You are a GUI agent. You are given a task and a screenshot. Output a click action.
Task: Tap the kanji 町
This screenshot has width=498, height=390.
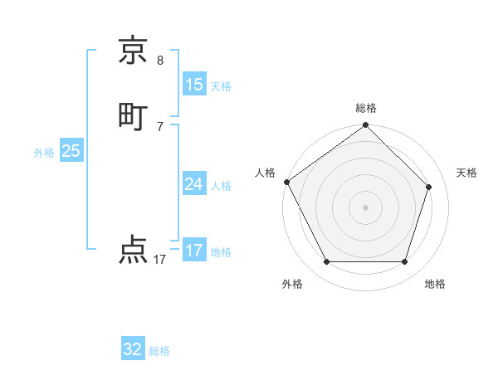[x=134, y=115]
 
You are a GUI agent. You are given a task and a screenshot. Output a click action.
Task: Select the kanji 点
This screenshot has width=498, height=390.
[x=134, y=250]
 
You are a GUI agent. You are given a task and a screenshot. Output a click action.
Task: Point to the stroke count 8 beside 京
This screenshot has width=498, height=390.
[x=160, y=60]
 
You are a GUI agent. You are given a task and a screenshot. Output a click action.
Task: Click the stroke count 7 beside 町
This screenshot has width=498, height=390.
[x=160, y=126]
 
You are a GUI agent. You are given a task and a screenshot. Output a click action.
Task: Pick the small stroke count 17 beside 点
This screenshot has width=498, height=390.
[x=160, y=260]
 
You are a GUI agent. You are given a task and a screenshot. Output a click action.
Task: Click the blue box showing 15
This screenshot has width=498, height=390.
[x=194, y=84]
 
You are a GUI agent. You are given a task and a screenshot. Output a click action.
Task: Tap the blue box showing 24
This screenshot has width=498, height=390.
[x=194, y=184]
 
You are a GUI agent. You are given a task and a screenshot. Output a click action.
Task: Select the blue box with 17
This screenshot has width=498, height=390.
[x=194, y=251]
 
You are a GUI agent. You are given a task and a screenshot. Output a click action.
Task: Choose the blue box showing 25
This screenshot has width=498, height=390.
[x=71, y=151]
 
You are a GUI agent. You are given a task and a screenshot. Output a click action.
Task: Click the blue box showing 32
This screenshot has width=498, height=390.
[x=133, y=349]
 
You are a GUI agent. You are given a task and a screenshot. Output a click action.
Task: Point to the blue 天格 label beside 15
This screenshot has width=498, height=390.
[x=221, y=85]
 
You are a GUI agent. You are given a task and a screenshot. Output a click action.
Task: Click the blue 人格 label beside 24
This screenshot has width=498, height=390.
[x=221, y=186]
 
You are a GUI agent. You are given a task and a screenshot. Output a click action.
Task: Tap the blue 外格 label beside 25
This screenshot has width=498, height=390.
[x=44, y=153]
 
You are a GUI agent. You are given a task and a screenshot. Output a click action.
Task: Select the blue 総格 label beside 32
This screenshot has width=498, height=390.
[x=160, y=351]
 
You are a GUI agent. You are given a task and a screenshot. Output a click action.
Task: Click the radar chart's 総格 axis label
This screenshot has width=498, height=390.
[x=365, y=108]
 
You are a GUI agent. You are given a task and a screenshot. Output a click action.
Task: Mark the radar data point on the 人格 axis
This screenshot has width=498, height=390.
[x=286, y=182]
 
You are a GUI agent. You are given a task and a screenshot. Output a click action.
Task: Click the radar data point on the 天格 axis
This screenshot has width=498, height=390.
[x=429, y=187]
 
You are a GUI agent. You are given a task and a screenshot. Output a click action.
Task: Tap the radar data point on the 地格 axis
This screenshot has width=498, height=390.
[x=404, y=261]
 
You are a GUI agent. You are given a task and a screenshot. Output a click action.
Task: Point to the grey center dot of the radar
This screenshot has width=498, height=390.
[x=365, y=207]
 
